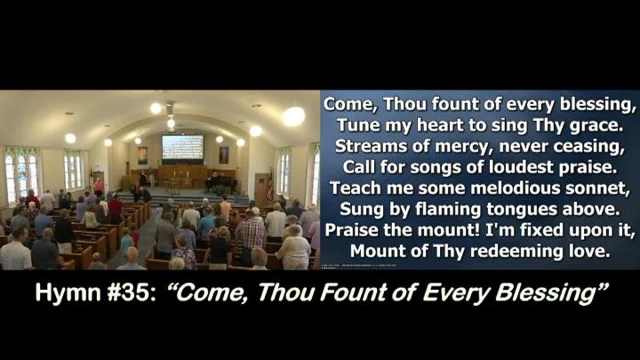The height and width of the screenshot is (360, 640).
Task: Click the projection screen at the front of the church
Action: point(182,148)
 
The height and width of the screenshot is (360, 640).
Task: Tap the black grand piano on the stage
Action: point(220,184)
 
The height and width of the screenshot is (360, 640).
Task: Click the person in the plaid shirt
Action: point(251,236)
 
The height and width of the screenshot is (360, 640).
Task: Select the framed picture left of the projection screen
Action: point(142,156)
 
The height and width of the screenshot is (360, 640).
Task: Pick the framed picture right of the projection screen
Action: point(224,155)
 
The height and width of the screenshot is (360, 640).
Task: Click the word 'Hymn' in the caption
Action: point(68,293)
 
